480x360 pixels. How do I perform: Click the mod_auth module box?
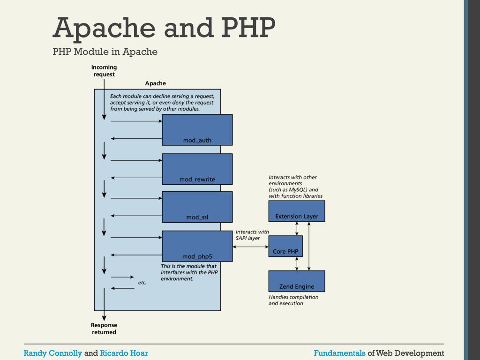tap(197, 130)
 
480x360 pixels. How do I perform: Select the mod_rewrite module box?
tap(197, 169)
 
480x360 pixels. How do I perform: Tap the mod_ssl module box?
tap(197, 207)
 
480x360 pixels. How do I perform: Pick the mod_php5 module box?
tap(197, 246)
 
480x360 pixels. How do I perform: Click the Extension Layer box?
tap(296, 211)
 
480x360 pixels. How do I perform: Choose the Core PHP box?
tap(285, 247)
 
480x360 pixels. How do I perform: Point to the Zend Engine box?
tap(296, 281)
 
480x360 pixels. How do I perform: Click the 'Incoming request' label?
tap(104, 71)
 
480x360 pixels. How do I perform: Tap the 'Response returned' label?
tap(104, 329)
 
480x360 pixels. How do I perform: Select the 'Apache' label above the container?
tap(155, 83)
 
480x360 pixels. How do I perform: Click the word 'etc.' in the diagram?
tap(142, 283)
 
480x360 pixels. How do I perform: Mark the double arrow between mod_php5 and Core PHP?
tap(250, 247)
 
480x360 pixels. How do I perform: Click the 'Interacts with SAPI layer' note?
tap(252, 235)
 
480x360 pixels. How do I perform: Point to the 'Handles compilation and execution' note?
tap(293, 300)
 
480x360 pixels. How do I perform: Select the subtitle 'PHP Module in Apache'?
tap(105, 52)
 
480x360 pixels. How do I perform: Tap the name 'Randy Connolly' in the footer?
tap(52, 353)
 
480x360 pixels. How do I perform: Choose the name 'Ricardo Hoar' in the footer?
tap(124, 353)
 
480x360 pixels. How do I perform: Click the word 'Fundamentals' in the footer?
tap(339, 353)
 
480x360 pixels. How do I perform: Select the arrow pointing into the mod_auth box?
tap(136, 121)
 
